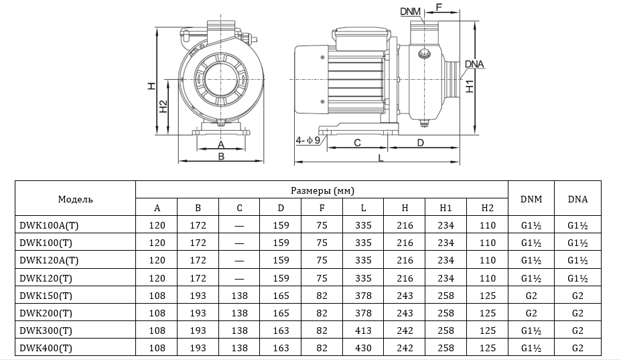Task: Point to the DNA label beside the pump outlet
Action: click(x=474, y=64)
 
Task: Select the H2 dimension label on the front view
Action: click(x=163, y=107)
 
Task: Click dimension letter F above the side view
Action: click(x=439, y=7)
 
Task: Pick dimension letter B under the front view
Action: click(x=220, y=157)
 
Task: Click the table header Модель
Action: click(x=75, y=199)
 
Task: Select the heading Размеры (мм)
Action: click(x=322, y=190)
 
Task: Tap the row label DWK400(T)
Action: click(x=46, y=347)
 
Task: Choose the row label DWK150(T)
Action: click(x=46, y=295)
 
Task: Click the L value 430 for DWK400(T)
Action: click(x=363, y=347)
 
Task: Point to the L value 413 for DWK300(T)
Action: click(x=363, y=330)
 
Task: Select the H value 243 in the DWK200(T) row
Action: click(x=405, y=312)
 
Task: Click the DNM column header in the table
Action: click(x=531, y=199)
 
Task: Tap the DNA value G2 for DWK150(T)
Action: click(x=577, y=295)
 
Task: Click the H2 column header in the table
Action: click(x=487, y=208)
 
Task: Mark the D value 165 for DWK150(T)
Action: click(x=281, y=295)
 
